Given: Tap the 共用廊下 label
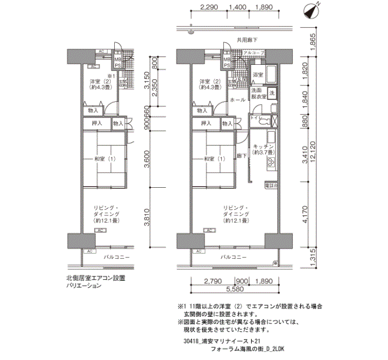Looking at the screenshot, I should [x=247, y=40].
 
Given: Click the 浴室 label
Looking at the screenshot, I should [x=257, y=74].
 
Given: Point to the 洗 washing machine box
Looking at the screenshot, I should [x=272, y=92].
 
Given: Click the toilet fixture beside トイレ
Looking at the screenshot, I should [x=265, y=121].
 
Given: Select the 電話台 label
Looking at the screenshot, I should [x=270, y=185].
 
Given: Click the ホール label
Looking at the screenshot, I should [x=237, y=100].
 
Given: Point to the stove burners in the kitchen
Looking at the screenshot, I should [x=272, y=162].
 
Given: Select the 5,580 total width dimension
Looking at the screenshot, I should [x=235, y=289].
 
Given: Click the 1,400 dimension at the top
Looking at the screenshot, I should [x=237, y=8].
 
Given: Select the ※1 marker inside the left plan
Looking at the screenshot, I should [x=110, y=76].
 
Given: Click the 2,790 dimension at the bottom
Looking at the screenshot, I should [x=213, y=281].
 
